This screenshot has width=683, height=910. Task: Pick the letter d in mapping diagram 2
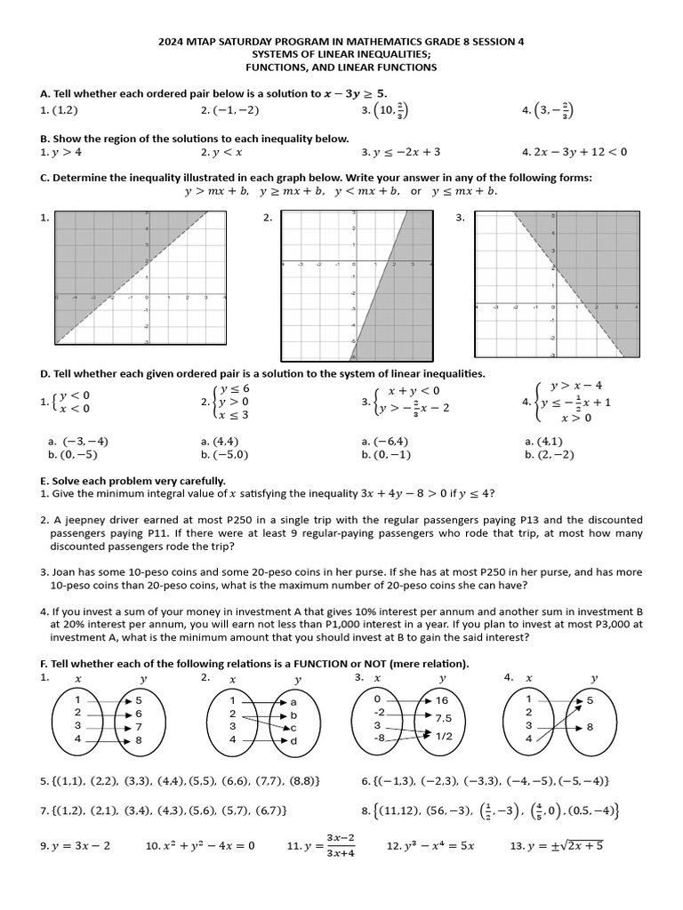(294, 740)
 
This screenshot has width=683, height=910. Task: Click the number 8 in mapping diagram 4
(591, 727)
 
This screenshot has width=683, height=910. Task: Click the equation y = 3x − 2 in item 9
(81, 845)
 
